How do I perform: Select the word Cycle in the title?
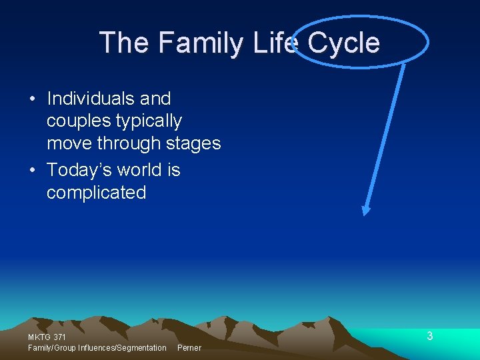pyautogui.click(x=343, y=43)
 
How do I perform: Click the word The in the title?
pyautogui.click(x=125, y=43)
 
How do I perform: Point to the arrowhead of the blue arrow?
pyautogui.click(x=365, y=211)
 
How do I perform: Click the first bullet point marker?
pyautogui.click(x=33, y=99)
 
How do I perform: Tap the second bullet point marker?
pyautogui.click(x=33, y=171)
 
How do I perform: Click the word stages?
pyautogui.click(x=193, y=143)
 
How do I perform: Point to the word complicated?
pyautogui.click(x=96, y=193)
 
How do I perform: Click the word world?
pyautogui.click(x=143, y=170)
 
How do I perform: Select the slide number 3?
pyautogui.click(x=430, y=336)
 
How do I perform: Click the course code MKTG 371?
pyautogui.click(x=47, y=337)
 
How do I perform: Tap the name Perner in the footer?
pyautogui.click(x=189, y=348)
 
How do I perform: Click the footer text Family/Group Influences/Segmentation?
pyautogui.click(x=97, y=348)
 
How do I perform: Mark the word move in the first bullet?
pyautogui.click(x=69, y=143)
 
